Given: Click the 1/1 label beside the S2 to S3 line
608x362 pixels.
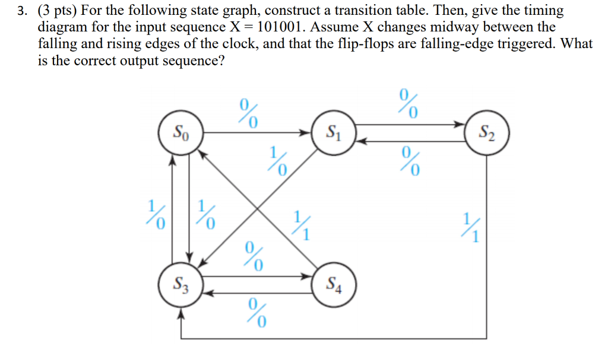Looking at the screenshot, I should [473, 226].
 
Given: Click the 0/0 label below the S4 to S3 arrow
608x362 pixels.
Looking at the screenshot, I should [256, 313].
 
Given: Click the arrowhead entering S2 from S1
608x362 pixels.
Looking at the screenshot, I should [460, 125].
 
